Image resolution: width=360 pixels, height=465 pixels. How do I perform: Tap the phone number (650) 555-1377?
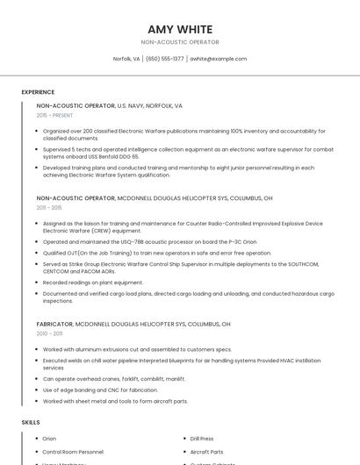[x=165, y=59]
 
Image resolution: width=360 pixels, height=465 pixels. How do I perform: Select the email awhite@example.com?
[x=219, y=59]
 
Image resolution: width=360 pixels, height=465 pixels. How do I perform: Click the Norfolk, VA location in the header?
[x=126, y=59]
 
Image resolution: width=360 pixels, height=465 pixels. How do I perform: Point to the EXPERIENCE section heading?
[x=38, y=91]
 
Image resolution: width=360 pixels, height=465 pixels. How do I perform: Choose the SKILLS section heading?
[x=30, y=423]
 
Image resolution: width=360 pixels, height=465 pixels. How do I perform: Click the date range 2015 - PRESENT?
[x=54, y=115]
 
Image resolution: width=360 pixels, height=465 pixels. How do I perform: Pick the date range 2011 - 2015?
[x=49, y=208]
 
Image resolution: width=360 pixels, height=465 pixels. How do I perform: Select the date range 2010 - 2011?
[x=49, y=333]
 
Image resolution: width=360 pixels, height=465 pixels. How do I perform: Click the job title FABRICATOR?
[x=55, y=324]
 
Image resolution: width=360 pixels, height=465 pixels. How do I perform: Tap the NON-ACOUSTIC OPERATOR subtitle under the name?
[x=179, y=42]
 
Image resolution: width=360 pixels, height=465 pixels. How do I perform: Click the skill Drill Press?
[x=202, y=439]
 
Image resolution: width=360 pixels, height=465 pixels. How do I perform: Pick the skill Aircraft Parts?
[x=206, y=451]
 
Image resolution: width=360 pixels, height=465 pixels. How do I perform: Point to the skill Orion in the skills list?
[x=49, y=439]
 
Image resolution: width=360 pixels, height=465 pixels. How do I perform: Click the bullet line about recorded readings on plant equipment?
[x=93, y=283]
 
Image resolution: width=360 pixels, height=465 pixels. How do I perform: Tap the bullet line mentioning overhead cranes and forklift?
[x=114, y=379]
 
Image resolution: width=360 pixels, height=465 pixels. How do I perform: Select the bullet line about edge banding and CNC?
[x=102, y=390]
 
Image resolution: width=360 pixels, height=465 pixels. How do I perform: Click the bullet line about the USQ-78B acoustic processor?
[x=149, y=242]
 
